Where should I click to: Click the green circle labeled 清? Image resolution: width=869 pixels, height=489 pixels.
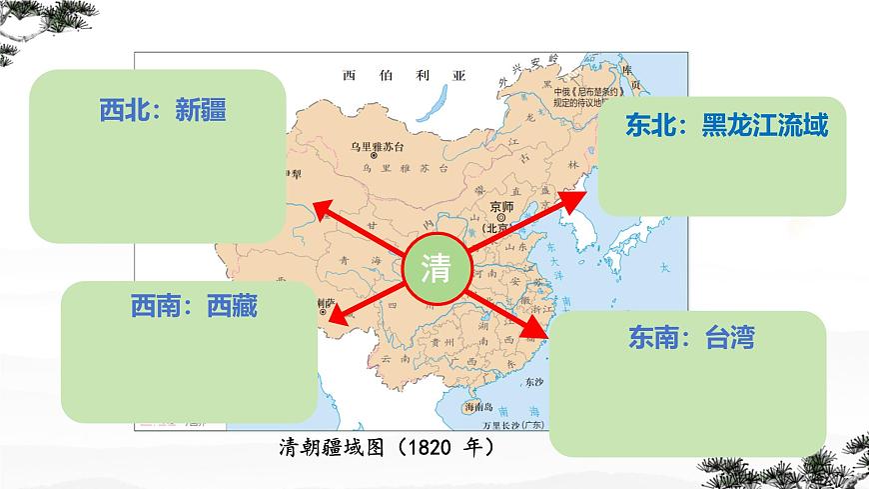(x=437, y=267)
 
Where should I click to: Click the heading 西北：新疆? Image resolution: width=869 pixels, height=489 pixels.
(x=163, y=110)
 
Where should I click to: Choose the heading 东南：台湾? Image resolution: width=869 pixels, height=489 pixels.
(x=691, y=337)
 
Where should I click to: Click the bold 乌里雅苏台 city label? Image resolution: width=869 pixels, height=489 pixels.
(x=375, y=146)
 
